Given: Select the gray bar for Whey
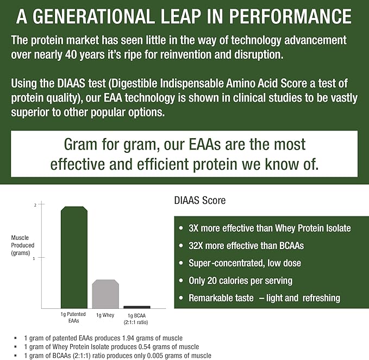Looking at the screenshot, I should [105, 294].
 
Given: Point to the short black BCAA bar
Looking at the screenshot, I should [137, 307].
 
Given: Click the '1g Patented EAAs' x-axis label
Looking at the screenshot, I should [73, 318].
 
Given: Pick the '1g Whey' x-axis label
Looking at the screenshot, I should [105, 315].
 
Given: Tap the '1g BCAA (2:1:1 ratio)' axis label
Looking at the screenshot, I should [137, 318].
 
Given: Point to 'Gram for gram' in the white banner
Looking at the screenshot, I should [99, 144].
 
